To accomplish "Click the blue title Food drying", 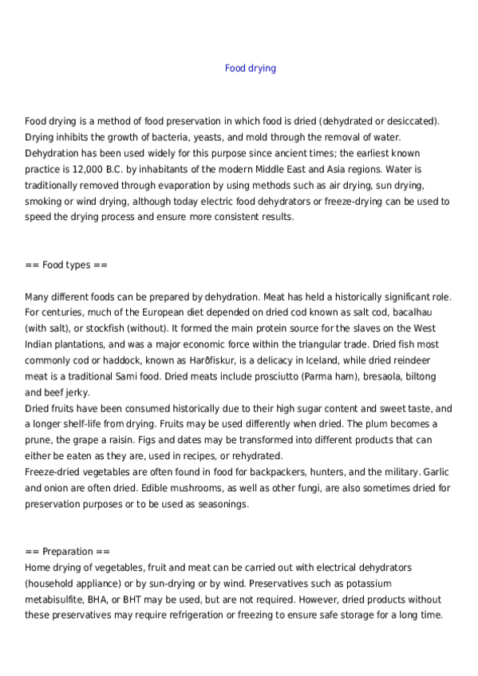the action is pos(251,69).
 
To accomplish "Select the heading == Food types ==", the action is pos(66,265).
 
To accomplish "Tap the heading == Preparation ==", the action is pos(68,552).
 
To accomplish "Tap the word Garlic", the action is pos(436,472).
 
